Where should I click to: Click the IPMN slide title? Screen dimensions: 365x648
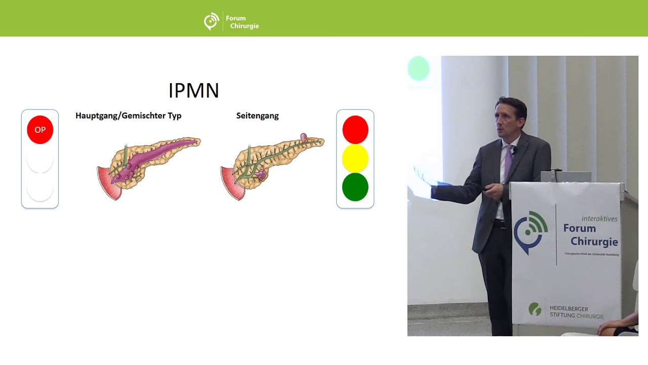(193, 91)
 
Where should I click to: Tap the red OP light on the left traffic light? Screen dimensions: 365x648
(40, 130)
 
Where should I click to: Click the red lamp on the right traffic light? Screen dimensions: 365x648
(355, 130)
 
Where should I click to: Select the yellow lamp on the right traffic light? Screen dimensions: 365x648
(355, 158)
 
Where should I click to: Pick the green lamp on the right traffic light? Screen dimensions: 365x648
(355, 187)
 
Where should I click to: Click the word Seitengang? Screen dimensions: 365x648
(257, 116)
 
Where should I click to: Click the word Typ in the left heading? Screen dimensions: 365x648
(174, 116)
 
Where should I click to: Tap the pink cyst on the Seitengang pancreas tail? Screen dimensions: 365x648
(304, 137)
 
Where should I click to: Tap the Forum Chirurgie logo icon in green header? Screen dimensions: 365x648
(211, 22)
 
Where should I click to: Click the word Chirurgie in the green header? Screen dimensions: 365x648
(245, 26)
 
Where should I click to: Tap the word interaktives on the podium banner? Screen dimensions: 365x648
(599, 218)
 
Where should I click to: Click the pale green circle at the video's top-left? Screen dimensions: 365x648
(419, 69)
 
